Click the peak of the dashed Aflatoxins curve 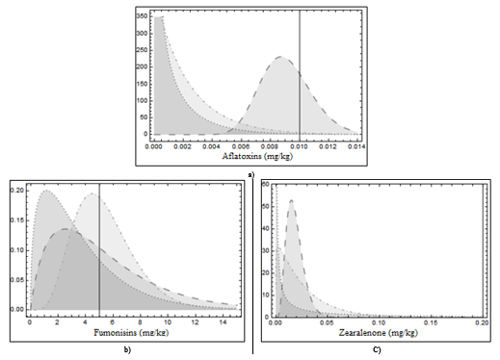(x=280, y=58)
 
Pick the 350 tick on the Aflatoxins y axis (x=141, y=17)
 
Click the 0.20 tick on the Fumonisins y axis (x=16, y=190)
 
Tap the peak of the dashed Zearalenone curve (x=291, y=201)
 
